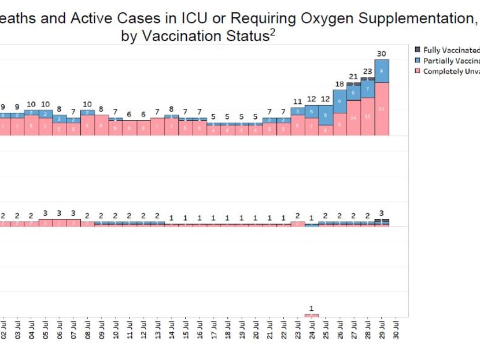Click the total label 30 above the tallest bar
[382, 54]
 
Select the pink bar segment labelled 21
[382, 109]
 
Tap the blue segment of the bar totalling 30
[382, 71]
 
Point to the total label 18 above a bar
[339, 84]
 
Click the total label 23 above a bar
[368, 72]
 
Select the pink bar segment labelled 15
[368, 116]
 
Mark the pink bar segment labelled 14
[354, 117]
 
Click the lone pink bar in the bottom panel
[312, 315]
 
